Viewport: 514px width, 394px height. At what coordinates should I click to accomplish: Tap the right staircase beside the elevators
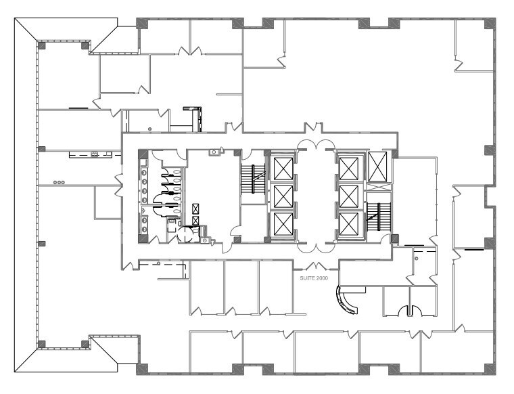(376, 217)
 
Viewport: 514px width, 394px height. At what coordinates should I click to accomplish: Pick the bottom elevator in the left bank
(282, 224)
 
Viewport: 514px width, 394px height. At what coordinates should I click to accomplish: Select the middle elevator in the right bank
(348, 196)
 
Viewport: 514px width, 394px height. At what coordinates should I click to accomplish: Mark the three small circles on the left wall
(60, 181)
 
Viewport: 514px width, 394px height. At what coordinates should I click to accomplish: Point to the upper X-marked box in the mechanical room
(196, 209)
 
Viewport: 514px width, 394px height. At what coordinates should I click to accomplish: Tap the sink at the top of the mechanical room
(214, 152)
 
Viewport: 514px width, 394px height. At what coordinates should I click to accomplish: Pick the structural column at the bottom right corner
(488, 370)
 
